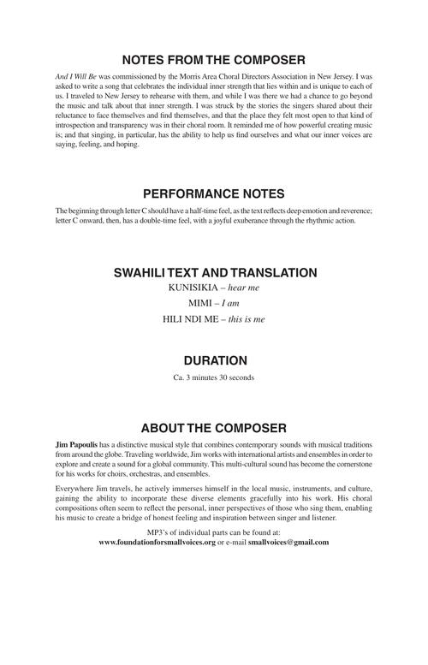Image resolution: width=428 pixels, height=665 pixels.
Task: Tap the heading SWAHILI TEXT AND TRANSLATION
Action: pyautogui.click(x=214, y=273)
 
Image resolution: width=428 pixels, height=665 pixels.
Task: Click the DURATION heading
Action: pyautogui.click(x=214, y=360)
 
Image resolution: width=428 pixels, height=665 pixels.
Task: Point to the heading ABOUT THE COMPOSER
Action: pyautogui.click(x=214, y=428)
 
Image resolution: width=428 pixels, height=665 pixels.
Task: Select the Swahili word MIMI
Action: pyautogui.click(x=202, y=303)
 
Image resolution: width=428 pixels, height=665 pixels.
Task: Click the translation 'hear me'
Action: pyautogui.click(x=242, y=288)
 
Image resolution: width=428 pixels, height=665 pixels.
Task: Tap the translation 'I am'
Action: pyautogui.click(x=231, y=303)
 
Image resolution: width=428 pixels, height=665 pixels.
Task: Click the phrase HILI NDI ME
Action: pyautogui.click(x=188, y=318)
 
